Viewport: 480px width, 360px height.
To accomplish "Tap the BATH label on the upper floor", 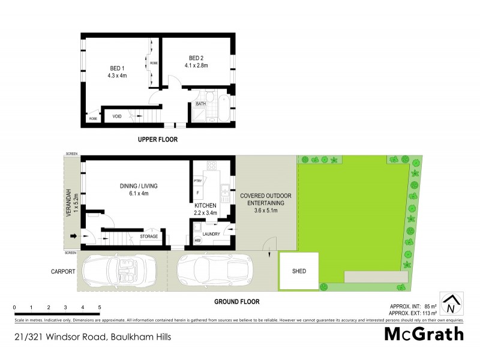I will [200, 104].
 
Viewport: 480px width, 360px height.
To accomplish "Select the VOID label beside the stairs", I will [117, 116].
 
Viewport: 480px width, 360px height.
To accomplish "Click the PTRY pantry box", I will [197, 181].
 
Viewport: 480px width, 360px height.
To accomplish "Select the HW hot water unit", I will [197, 240].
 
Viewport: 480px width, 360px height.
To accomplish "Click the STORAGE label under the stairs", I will [149, 237].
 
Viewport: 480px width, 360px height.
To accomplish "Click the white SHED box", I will [299, 271].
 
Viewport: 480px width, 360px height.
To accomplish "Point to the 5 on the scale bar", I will [100, 307].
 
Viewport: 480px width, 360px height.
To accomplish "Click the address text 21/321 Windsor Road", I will [92, 337].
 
